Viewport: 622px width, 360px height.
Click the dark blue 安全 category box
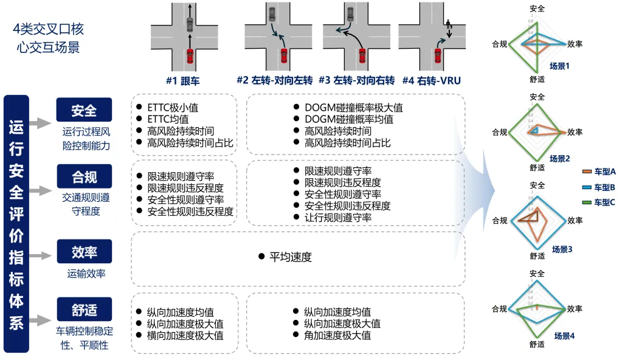pyautogui.click(x=84, y=111)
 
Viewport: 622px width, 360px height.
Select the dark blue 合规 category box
pyautogui.click(x=84, y=177)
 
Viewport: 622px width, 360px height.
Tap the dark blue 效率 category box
pyautogui.click(x=84, y=251)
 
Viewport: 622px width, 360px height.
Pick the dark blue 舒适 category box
pyautogui.click(x=84, y=310)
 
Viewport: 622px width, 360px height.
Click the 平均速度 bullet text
pyautogui.click(x=290, y=257)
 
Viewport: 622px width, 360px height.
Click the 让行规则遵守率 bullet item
pyautogui.click(x=337, y=217)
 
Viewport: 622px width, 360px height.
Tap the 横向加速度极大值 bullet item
pyautogui.click(x=185, y=335)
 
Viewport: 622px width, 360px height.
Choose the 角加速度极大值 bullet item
pyautogui.click(x=337, y=335)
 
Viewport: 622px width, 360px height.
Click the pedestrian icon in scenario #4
pyautogui.click(x=448, y=25)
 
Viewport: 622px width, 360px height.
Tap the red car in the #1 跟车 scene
pyautogui.click(x=190, y=57)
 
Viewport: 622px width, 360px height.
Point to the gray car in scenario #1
pyautogui.click(x=190, y=24)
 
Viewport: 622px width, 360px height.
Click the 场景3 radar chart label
pyautogui.click(x=562, y=249)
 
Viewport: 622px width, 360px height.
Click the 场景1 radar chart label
pyautogui.click(x=559, y=66)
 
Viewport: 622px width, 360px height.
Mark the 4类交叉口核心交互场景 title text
pyautogui.click(x=49, y=38)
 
